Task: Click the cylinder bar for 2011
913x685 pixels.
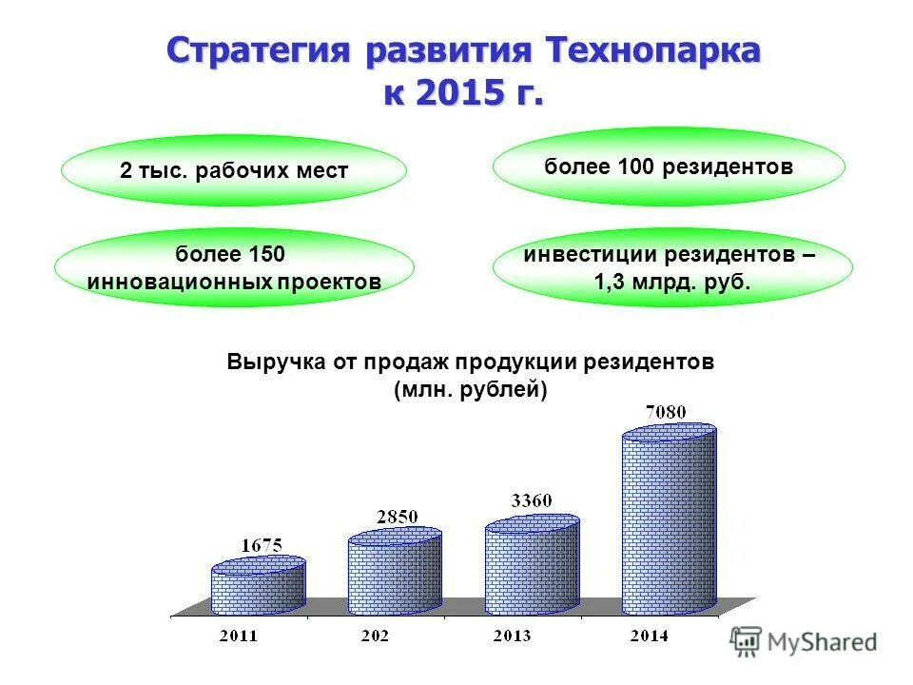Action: click(x=258, y=586)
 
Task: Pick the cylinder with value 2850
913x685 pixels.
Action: click(x=395, y=573)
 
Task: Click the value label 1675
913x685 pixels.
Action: click(x=260, y=546)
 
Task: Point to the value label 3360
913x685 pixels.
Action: click(x=532, y=500)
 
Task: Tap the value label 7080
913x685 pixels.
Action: click(x=666, y=412)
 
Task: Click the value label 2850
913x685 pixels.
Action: click(x=396, y=516)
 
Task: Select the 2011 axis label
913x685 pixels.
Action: click(x=239, y=636)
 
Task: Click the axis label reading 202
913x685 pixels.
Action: click(x=376, y=636)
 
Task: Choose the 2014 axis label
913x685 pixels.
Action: click(x=650, y=636)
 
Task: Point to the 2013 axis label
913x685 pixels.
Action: click(x=513, y=636)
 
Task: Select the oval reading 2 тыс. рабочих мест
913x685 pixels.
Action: click(x=234, y=171)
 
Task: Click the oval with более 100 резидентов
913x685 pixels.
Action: click(x=669, y=166)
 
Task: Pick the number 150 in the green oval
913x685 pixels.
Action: click(x=266, y=255)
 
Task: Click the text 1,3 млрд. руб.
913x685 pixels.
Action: click(x=672, y=282)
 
